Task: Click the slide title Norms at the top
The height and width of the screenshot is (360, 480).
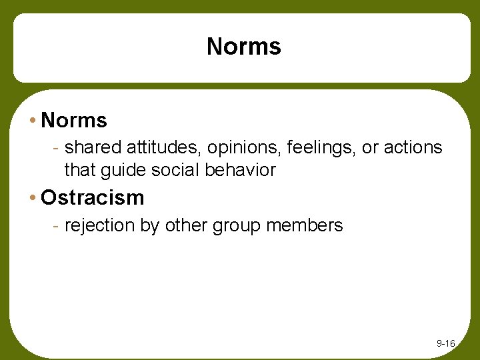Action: (244, 47)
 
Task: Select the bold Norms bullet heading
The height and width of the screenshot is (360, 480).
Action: (73, 121)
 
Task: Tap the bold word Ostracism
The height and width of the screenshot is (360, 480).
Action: (92, 198)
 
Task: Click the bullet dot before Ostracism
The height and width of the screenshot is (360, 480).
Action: (33, 198)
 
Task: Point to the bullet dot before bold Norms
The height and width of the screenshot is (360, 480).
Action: (33, 121)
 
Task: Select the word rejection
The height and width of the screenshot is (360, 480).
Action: (99, 226)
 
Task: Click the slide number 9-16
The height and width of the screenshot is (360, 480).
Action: (445, 343)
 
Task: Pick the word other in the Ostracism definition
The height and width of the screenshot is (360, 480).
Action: (186, 225)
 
